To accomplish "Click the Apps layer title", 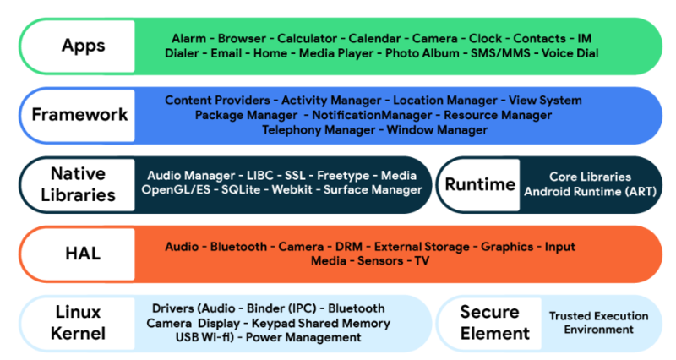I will pos(82,46).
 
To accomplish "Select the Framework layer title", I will pos(80,114).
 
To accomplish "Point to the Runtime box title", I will pos(480,184).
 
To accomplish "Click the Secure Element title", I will pos(488,323).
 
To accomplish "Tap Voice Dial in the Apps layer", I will pos(566,53).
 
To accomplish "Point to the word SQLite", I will pos(242,190).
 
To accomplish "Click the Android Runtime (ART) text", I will pos(590,191).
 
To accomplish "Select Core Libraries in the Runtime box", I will pos(590,177).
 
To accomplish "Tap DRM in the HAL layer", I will pos(348,247).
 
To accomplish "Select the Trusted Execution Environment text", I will pos(598,323).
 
